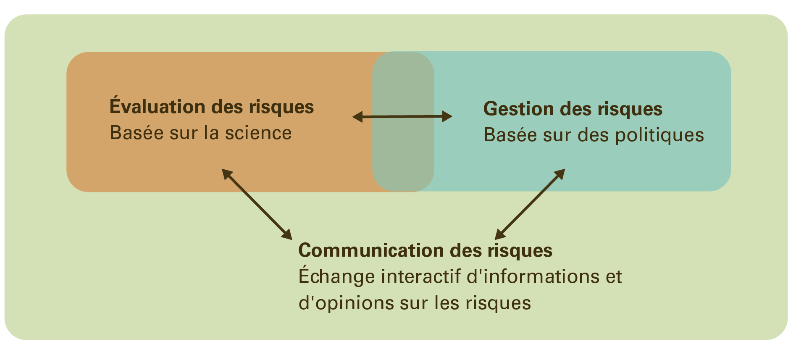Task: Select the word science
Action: tap(258, 133)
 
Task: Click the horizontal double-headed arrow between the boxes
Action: tap(402, 116)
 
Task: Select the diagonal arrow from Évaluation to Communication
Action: tap(257, 204)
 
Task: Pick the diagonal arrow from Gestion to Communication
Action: tap(530, 204)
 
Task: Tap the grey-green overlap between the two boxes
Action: tap(403, 160)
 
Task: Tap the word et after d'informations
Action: tap(614, 277)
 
